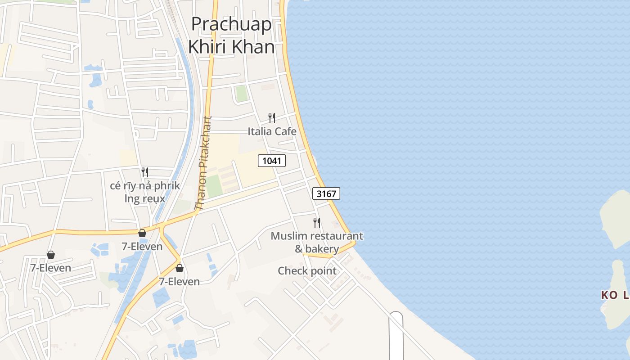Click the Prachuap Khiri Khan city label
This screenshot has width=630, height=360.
[231, 35]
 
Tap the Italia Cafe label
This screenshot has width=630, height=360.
[272, 131]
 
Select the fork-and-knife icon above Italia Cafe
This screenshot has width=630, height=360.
[272, 118]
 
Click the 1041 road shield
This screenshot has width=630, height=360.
[272, 160]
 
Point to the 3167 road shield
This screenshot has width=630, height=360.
[326, 193]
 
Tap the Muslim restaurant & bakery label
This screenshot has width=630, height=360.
[317, 242]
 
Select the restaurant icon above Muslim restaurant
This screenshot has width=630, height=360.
[317, 222]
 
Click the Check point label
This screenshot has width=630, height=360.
[307, 271]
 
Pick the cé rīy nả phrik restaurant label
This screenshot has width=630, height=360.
[145, 192]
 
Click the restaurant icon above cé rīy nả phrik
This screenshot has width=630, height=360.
[145, 172]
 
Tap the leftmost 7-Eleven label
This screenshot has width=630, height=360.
[50, 268]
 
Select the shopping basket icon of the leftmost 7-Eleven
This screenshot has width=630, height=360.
[51, 255]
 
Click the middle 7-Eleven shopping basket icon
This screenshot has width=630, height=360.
[142, 233]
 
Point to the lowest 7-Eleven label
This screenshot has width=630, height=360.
[179, 281]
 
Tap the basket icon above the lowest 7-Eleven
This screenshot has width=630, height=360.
[180, 268]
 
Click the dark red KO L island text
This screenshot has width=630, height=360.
[615, 295]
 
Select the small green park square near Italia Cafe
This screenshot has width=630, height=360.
[242, 94]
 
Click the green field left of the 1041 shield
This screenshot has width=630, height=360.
[215, 186]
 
